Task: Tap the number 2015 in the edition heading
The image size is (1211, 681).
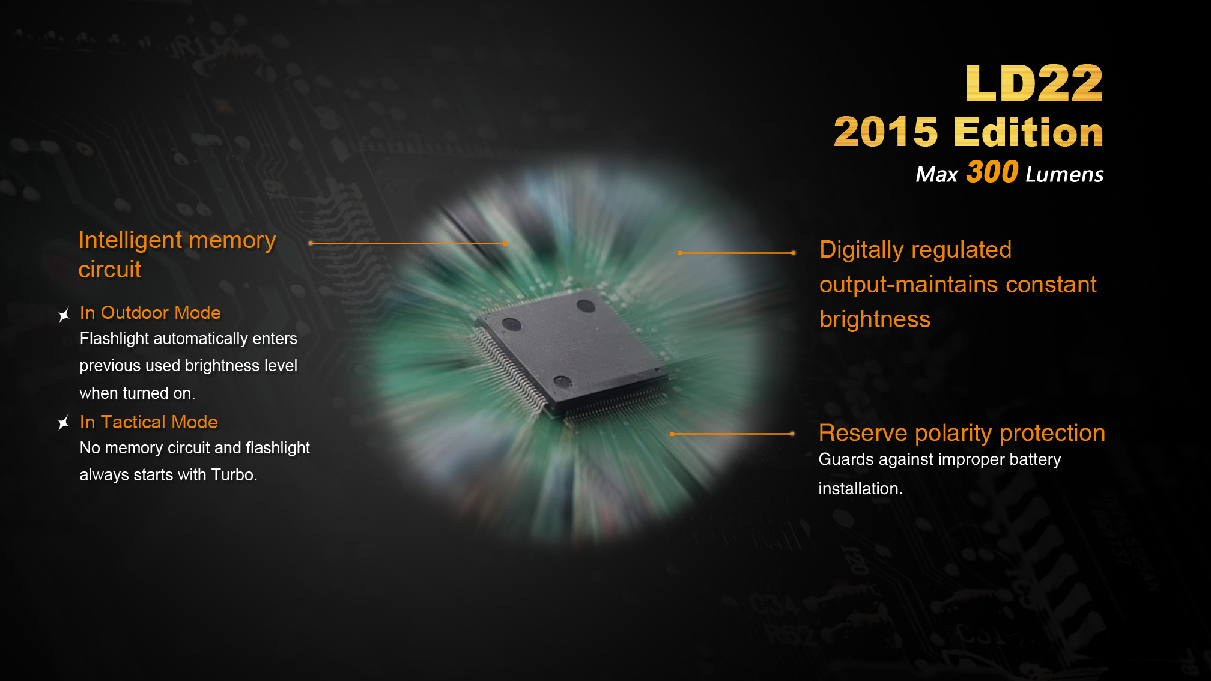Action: [885, 132]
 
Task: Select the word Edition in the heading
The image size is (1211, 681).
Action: [1028, 132]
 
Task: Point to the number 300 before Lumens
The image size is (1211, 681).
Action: [992, 172]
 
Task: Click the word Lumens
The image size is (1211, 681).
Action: [1064, 174]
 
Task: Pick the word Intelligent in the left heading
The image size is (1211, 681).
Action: [130, 241]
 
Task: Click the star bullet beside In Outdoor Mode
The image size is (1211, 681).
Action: [64, 315]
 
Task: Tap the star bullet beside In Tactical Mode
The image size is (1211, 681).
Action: [64, 423]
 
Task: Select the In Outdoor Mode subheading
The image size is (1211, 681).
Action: [150, 313]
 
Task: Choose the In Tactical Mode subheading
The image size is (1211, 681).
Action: [148, 422]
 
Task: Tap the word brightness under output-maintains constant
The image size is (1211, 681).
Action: [875, 319]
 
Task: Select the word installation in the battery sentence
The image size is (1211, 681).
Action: [858, 489]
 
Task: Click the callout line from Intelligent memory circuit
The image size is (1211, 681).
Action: [408, 243]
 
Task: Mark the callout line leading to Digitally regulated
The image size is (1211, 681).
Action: [736, 253]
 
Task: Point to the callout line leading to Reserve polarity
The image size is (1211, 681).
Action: [732, 434]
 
